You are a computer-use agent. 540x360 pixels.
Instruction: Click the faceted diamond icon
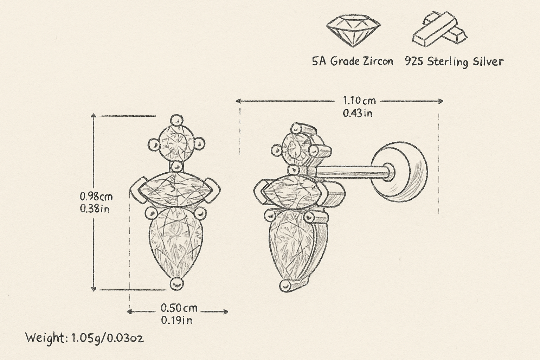353,30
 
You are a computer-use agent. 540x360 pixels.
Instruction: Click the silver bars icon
440,28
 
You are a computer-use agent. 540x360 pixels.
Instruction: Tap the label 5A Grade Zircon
353,61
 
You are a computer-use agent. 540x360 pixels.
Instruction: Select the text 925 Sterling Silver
455,62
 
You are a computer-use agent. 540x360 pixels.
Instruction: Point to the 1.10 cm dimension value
359,101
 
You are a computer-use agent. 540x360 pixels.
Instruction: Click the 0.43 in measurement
358,113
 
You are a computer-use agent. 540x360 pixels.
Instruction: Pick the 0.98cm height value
96,197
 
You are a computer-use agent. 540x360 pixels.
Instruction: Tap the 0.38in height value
95,209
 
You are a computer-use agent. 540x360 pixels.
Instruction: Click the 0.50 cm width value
179,308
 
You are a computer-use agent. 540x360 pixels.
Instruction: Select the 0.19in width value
177,320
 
